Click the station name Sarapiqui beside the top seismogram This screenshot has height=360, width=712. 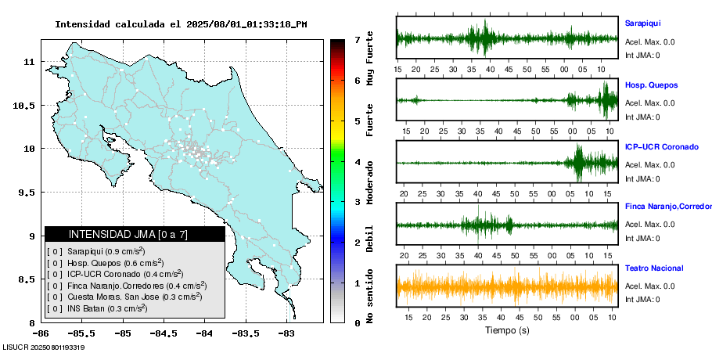coord(643,23)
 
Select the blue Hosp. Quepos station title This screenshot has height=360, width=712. coord(651,85)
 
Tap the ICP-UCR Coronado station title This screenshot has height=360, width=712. coord(660,146)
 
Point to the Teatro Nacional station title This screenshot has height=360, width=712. coord(654,268)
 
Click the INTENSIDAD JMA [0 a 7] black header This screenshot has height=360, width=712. coord(134,234)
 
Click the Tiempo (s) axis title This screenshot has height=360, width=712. coord(506,331)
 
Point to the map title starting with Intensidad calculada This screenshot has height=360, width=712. coord(181,24)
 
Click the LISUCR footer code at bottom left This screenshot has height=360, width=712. coord(44,347)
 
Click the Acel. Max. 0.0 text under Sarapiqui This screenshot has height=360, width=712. coord(650,42)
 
